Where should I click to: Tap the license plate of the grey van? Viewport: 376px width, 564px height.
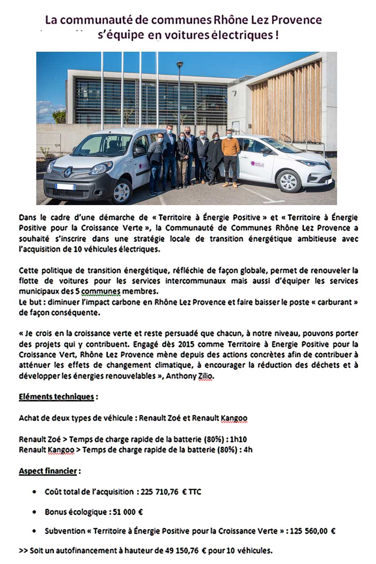65,187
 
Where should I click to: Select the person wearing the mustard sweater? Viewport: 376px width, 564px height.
230,148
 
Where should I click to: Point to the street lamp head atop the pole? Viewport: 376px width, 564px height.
180,65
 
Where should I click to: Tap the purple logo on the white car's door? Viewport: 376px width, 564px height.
257,163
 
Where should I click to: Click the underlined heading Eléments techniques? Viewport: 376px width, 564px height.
56,396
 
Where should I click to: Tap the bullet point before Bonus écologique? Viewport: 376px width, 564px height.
35,512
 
